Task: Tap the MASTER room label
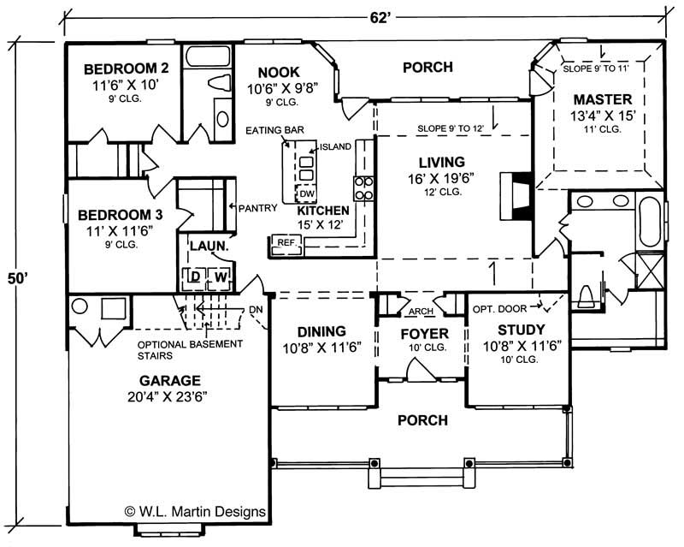[602, 99]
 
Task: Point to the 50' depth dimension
[18, 279]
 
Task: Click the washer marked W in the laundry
[220, 276]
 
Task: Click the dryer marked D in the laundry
[194, 276]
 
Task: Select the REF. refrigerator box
[285, 243]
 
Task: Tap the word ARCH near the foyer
[421, 312]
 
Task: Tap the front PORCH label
[422, 420]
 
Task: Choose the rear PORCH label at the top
[427, 67]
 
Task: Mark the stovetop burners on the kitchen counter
[363, 187]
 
